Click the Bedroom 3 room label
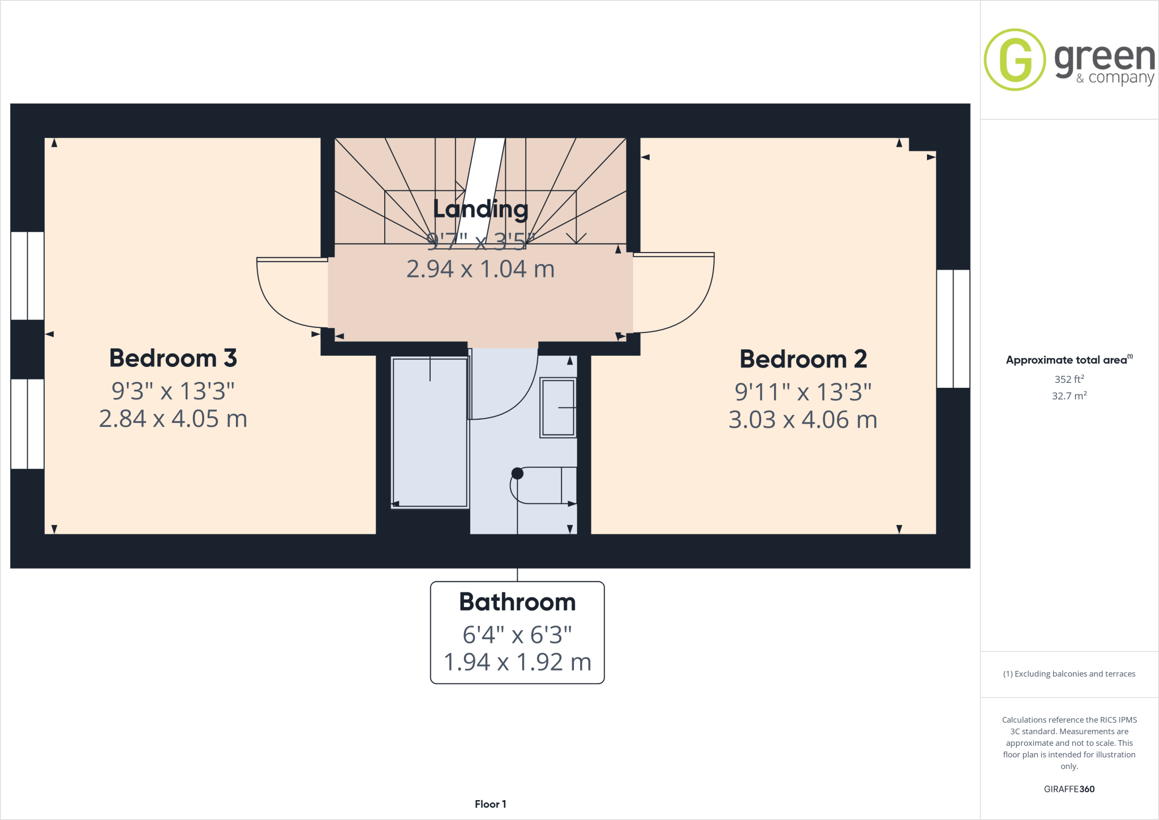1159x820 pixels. pyautogui.click(x=173, y=358)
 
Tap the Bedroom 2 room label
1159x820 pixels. pyautogui.click(x=803, y=359)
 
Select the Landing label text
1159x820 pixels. pyautogui.click(x=480, y=209)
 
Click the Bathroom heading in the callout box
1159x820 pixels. pyautogui.click(x=517, y=602)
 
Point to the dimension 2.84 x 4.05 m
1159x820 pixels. pyautogui.click(x=173, y=419)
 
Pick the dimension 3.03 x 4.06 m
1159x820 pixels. pyautogui.click(x=802, y=420)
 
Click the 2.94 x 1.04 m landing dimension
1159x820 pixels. pyautogui.click(x=480, y=269)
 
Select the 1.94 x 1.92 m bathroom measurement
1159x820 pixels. pyautogui.click(x=517, y=662)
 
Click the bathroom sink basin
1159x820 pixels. pyautogui.click(x=558, y=408)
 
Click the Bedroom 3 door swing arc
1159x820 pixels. pyautogui.click(x=283, y=300)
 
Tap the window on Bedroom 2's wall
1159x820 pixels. pyautogui.click(x=954, y=328)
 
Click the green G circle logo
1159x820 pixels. pyautogui.click(x=1015, y=59)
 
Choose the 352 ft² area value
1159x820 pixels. pyautogui.click(x=1069, y=379)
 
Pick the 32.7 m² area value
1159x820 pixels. pyautogui.click(x=1069, y=396)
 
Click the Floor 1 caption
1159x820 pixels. pyautogui.click(x=490, y=804)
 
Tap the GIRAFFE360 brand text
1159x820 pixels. pyautogui.click(x=1069, y=789)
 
